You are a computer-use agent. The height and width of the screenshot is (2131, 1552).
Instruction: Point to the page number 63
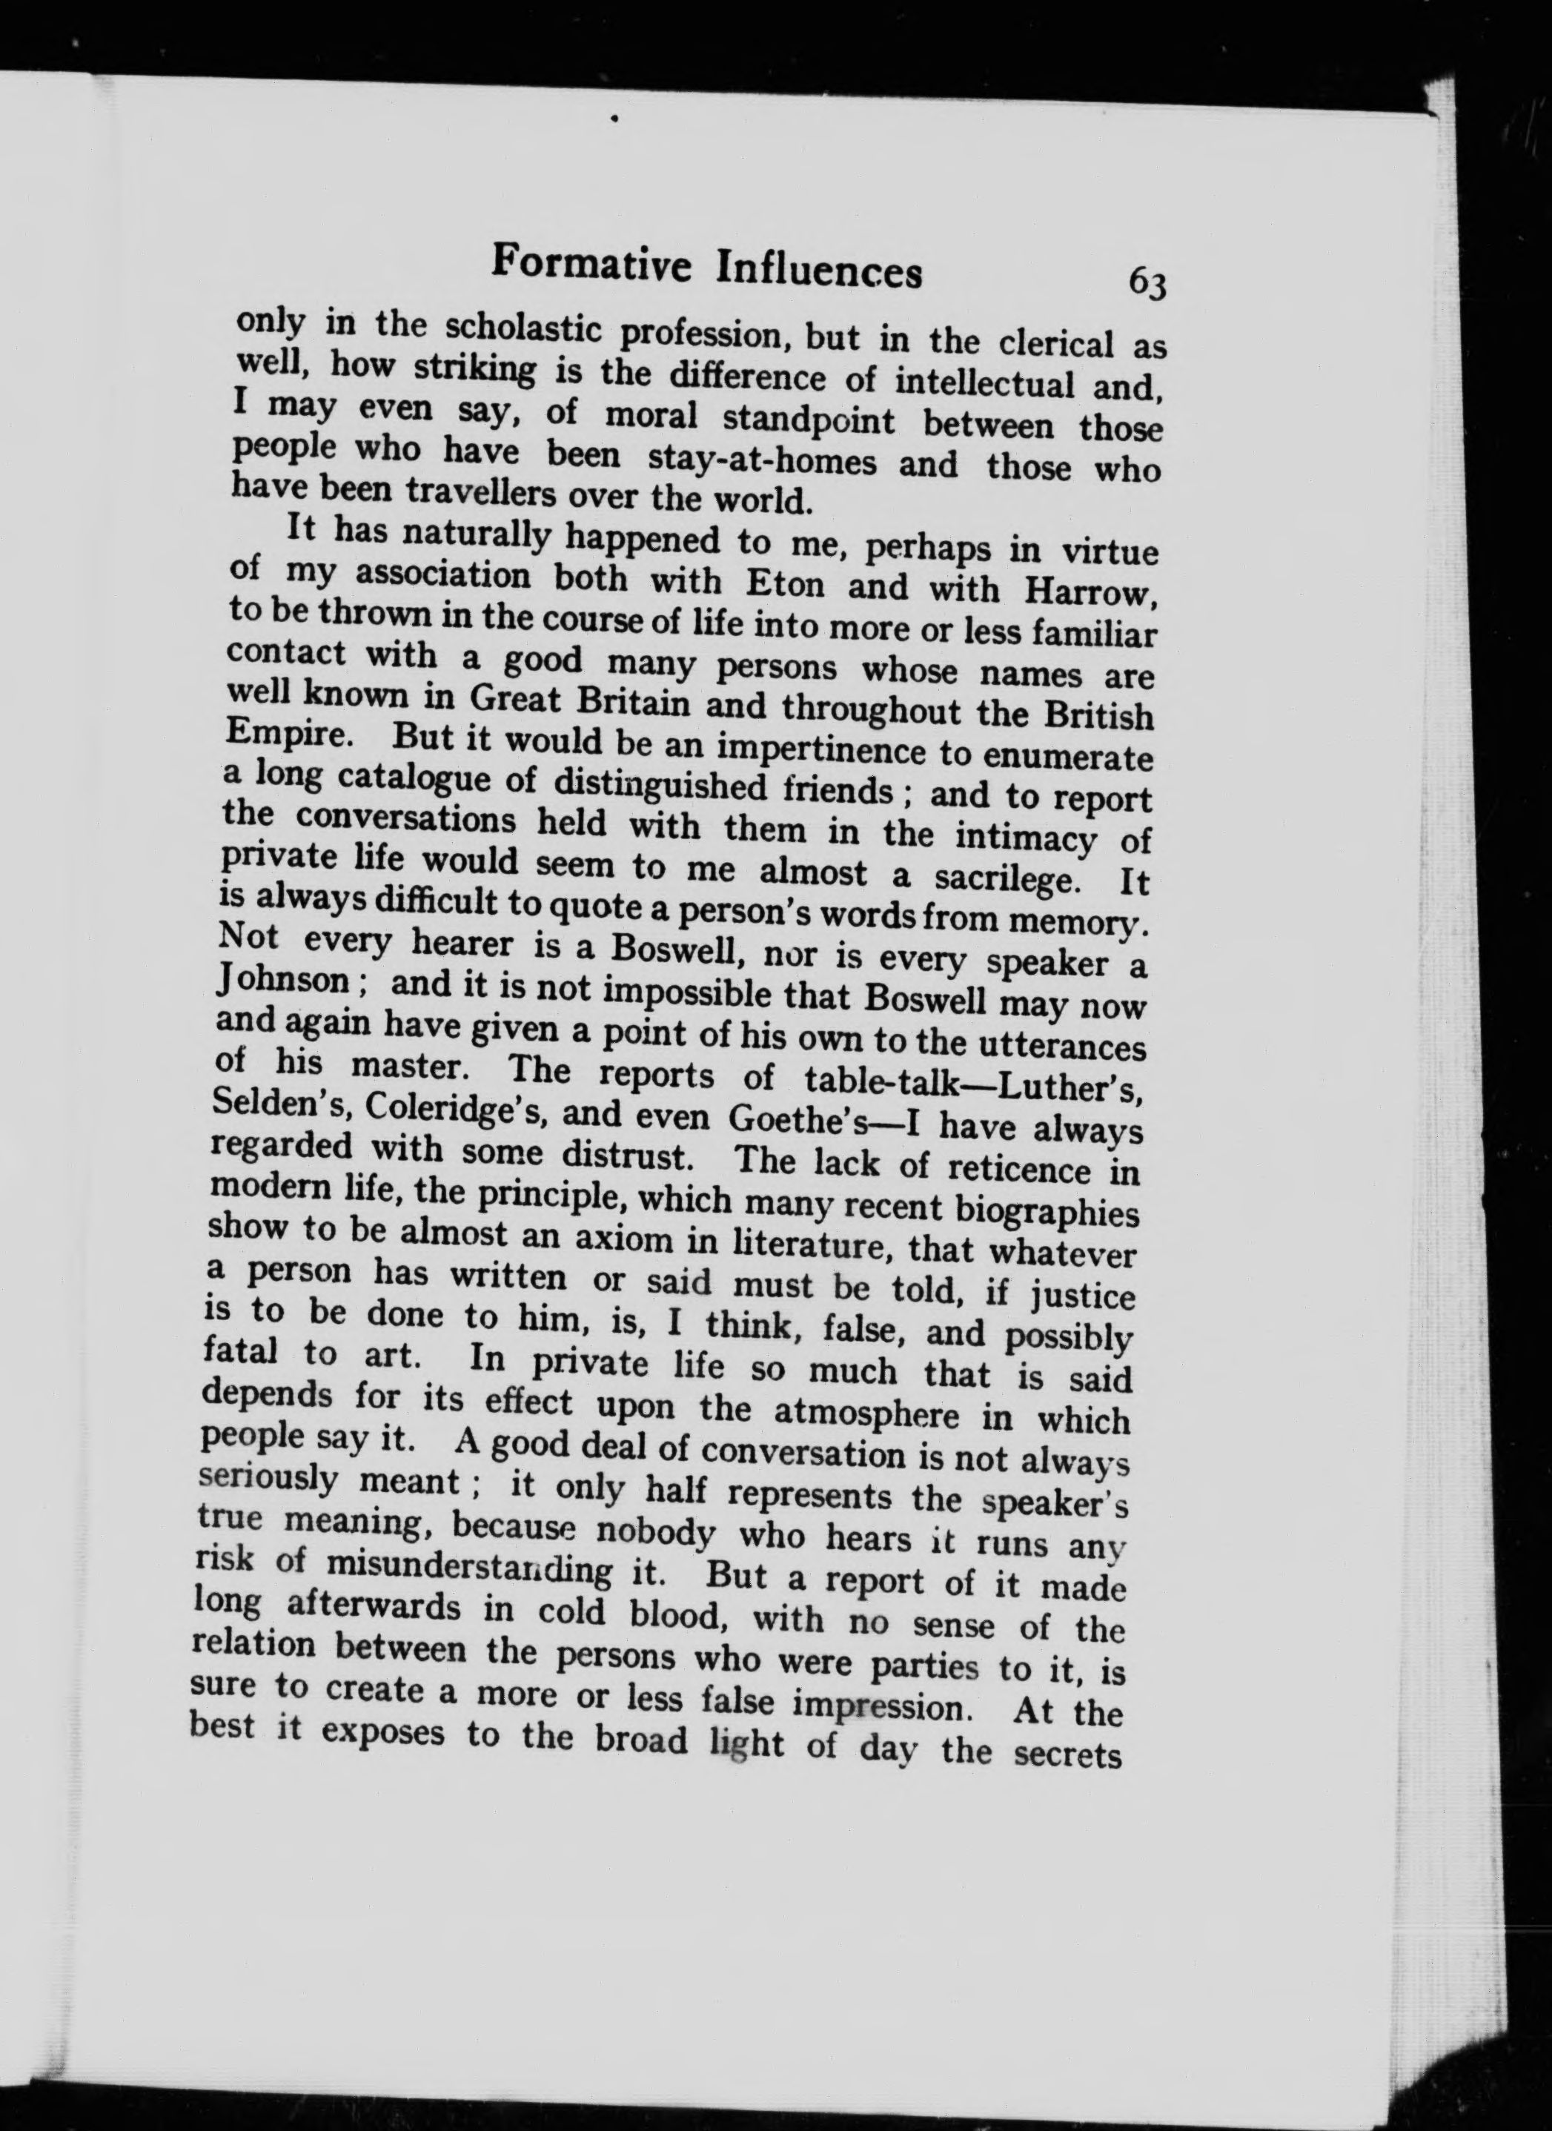tap(1147, 282)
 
